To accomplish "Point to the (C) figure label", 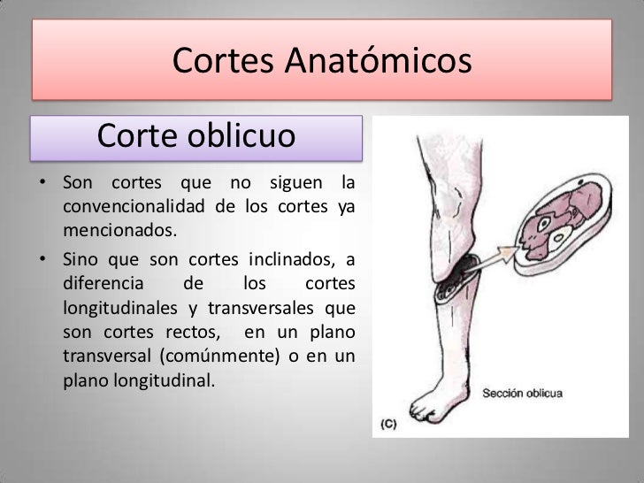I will point(389,424).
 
